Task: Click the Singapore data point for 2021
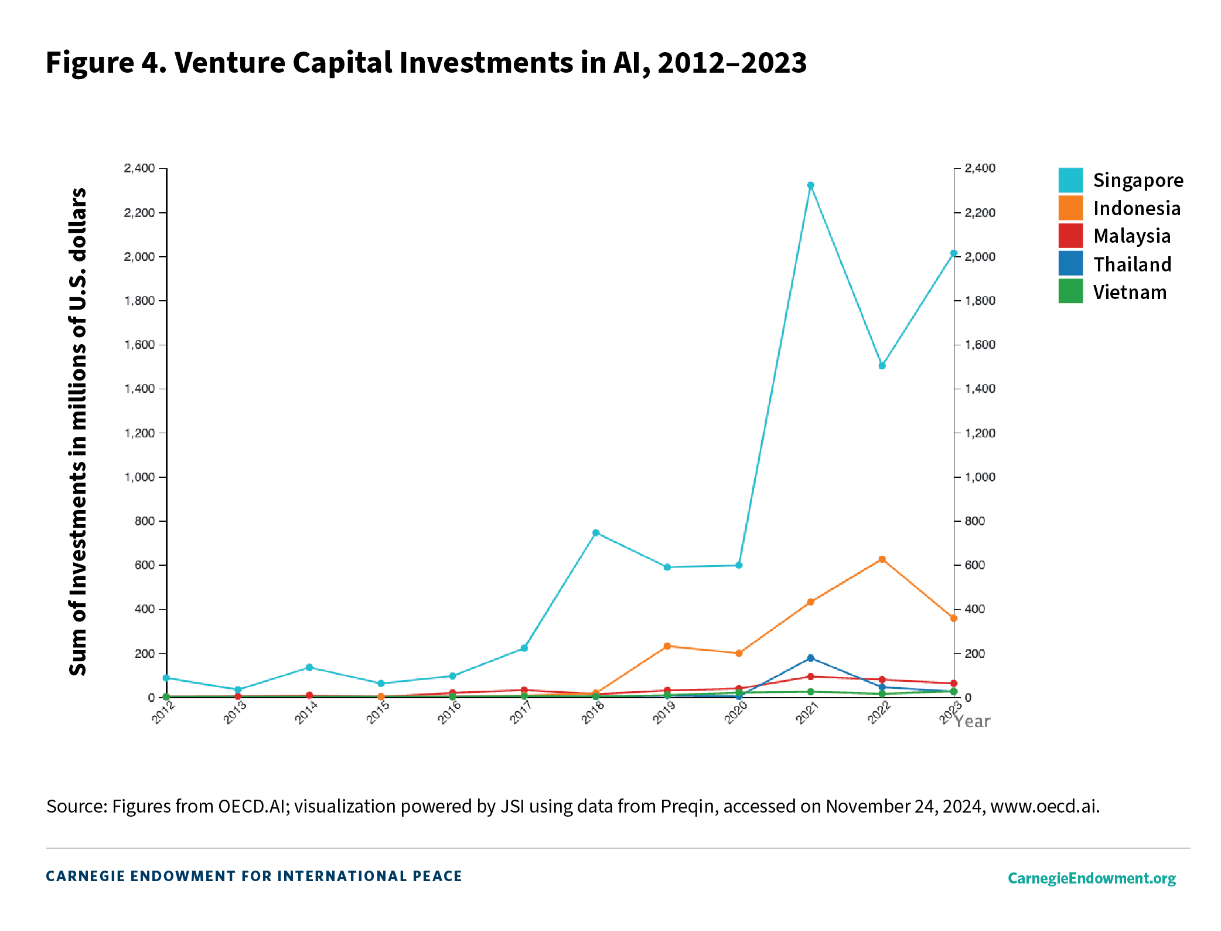pyautogui.click(x=810, y=185)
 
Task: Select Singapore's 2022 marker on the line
pyautogui.click(x=882, y=366)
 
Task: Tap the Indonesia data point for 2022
pyautogui.click(x=882, y=559)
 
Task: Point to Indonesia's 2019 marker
pyautogui.click(x=667, y=646)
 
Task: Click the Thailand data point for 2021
pyautogui.click(x=810, y=658)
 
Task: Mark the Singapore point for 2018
pyautogui.click(x=595, y=533)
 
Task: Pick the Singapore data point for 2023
pyautogui.click(x=953, y=253)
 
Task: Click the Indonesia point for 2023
pyautogui.click(x=953, y=618)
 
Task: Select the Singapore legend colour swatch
pyautogui.click(x=1070, y=180)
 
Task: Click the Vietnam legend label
pyautogui.click(x=1130, y=292)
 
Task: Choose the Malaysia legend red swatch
pyautogui.click(x=1070, y=236)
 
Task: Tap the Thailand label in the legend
pyautogui.click(x=1132, y=264)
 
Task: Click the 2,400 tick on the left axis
pyautogui.click(x=139, y=168)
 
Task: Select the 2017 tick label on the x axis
pyautogui.click(x=521, y=713)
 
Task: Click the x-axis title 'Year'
pyautogui.click(x=973, y=722)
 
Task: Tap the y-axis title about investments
pyautogui.click(x=78, y=431)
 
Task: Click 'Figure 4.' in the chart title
pyautogui.click(x=106, y=62)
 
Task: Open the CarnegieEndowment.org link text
pyautogui.click(x=1092, y=878)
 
